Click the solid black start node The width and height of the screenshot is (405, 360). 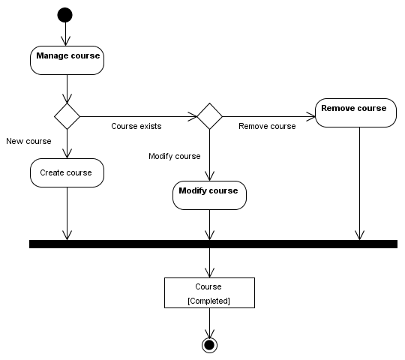pyautogui.click(x=65, y=15)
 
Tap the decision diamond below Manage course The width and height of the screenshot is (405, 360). pyautogui.click(x=67, y=116)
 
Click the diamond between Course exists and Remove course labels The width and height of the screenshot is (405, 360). pyautogui.click(x=209, y=116)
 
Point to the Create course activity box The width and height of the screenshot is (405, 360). pyautogui.click(x=67, y=172)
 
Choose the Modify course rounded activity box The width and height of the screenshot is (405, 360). pyautogui.click(x=209, y=194)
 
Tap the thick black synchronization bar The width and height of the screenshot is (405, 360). pyautogui.click(x=213, y=244)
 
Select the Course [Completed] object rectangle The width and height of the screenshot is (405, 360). pyautogui.click(x=209, y=292)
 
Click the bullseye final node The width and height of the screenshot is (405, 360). pyautogui.click(x=209, y=344)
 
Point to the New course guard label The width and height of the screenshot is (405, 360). pyautogui.click(x=28, y=141)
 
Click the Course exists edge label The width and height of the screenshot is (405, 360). pyautogui.click(x=136, y=126)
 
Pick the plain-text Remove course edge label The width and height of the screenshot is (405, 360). pyautogui.click(x=267, y=126)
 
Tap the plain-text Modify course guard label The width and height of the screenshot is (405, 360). pyautogui.click(x=175, y=156)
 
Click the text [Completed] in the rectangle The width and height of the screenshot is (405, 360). pyautogui.click(x=208, y=300)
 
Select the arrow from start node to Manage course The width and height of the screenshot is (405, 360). pyautogui.click(x=66, y=34)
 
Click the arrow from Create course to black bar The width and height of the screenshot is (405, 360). pyautogui.click(x=67, y=214)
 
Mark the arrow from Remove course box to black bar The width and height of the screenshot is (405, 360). pyautogui.click(x=361, y=184)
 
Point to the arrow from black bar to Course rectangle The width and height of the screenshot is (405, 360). pyautogui.click(x=209, y=262)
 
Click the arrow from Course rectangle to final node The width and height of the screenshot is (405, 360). pyautogui.click(x=209, y=322)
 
